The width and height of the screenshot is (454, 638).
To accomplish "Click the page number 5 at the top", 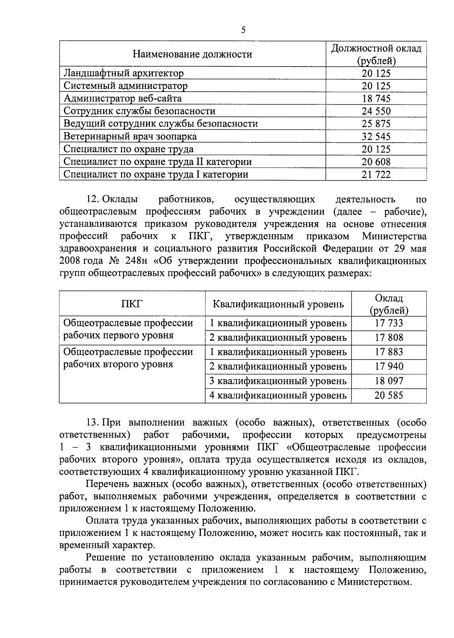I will [x=243, y=30].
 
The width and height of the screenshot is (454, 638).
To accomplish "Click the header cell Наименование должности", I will [x=192, y=54].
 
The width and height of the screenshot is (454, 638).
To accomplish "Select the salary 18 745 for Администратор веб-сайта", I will [x=376, y=99].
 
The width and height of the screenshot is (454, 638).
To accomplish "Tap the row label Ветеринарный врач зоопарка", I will [x=130, y=136].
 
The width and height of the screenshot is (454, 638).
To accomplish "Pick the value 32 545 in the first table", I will [x=376, y=137].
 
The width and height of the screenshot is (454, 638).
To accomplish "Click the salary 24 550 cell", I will [x=376, y=111].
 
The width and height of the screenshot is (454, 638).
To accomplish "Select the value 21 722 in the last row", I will [x=376, y=174].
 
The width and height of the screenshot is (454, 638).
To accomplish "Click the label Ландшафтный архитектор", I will [x=123, y=73].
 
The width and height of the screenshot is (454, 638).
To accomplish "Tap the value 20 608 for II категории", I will [x=376, y=162].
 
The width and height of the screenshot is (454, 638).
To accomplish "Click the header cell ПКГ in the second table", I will [x=132, y=304].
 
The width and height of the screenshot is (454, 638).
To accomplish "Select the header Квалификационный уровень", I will [x=278, y=304].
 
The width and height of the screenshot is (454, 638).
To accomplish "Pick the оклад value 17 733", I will [x=389, y=323].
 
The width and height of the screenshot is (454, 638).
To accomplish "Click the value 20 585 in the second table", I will [x=389, y=395].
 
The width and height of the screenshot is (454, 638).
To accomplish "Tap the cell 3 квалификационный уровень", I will [x=278, y=381].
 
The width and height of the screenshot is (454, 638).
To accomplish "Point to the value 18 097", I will [x=389, y=381].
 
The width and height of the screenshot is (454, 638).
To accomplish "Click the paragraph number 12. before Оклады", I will [x=93, y=199].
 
